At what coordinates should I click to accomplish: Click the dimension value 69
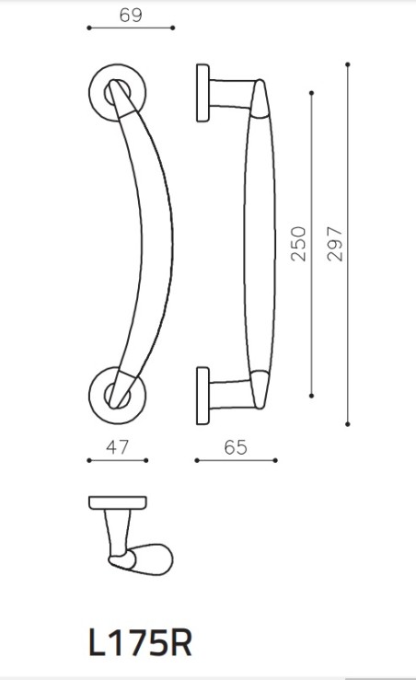point(130,15)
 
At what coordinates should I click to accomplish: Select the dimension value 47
point(116,448)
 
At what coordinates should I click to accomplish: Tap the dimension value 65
point(236,448)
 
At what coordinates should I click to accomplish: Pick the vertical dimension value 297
point(335,244)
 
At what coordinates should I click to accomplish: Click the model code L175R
point(141,643)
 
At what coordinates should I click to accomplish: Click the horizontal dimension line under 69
point(130,29)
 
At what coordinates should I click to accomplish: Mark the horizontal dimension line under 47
point(117,460)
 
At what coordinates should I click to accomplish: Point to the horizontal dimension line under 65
point(237,460)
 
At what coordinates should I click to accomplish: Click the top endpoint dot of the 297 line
point(348,63)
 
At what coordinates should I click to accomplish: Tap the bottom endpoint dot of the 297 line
point(348,424)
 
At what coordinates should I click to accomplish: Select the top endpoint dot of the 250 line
point(313,92)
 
